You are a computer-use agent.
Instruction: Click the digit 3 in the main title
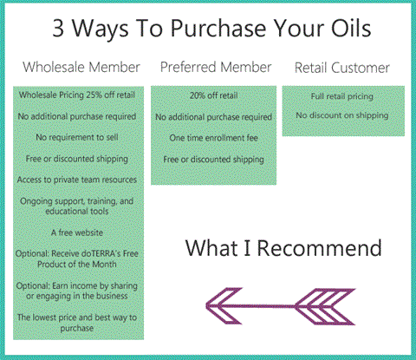(58, 28)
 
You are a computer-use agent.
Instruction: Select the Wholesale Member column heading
(81, 67)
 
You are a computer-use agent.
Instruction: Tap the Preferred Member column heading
(216, 67)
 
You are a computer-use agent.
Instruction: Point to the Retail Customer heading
(342, 68)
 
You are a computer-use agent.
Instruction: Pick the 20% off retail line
(214, 95)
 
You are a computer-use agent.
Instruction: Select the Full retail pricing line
(342, 96)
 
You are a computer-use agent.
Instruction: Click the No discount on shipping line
(342, 115)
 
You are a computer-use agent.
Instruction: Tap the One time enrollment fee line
(214, 138)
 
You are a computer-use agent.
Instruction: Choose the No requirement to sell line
(77, 137)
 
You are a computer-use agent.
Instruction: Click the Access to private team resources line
(77, 180)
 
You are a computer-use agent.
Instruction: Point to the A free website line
(77, 232)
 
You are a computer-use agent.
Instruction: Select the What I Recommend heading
(283, 248)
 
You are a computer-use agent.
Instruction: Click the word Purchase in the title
(218, 29)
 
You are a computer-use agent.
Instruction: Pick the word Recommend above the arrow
(320, 248)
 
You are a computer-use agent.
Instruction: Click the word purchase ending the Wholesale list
(77, 328)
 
